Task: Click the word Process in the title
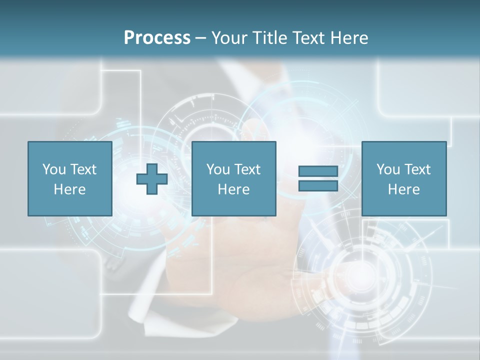[157, 38]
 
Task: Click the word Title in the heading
[269, 38]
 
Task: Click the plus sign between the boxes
[152, 178]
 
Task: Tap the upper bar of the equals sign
[318, 171]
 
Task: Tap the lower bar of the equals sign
[318, 185]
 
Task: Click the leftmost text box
[70, 178]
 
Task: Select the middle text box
[233, 178]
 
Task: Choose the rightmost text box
[403, 178]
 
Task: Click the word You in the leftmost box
[54, 169]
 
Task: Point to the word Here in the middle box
[233, 189]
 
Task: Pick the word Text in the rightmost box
[417, 169]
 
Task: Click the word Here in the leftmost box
[70, 189]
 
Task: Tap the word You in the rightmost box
[388, 169]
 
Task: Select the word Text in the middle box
[247, 169]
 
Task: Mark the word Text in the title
[308, 38]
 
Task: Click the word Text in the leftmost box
[83, 169]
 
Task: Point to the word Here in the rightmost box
[403, 189]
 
